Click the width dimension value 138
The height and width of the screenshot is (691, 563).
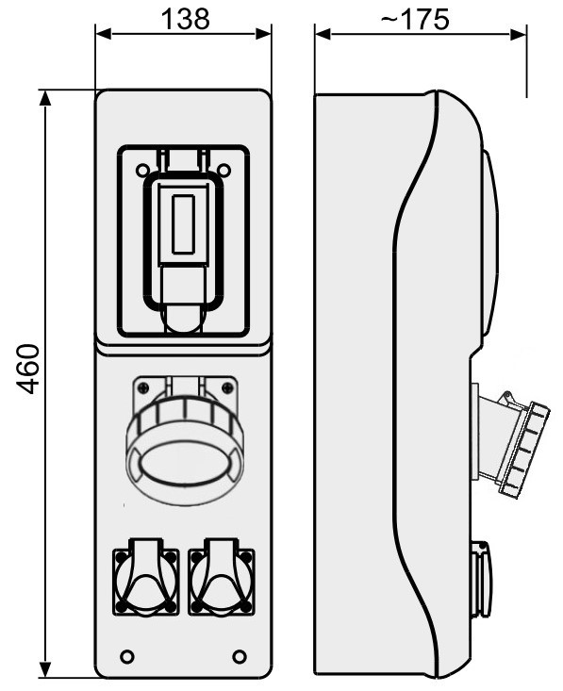[185, 19]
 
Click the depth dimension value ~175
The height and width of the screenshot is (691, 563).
[414, 19]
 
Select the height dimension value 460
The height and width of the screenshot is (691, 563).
[27, 369]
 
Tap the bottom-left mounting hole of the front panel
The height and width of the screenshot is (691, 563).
[127, 656]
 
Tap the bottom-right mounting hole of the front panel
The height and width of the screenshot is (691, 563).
[240, 656]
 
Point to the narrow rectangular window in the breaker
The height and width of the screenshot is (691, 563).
[183, 224]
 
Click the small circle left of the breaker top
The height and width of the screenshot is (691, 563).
[142, 170]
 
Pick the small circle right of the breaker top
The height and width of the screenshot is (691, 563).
[224, 170]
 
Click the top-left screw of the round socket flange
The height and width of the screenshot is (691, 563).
[142, 387]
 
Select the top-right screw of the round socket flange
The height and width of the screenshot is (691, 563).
[227, 387]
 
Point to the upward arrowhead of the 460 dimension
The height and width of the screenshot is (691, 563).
[45, 99]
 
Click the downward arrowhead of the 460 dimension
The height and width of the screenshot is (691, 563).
[45, 668]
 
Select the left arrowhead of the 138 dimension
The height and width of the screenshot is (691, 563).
[103, 34]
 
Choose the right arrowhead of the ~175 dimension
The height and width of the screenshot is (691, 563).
[519, 34]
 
